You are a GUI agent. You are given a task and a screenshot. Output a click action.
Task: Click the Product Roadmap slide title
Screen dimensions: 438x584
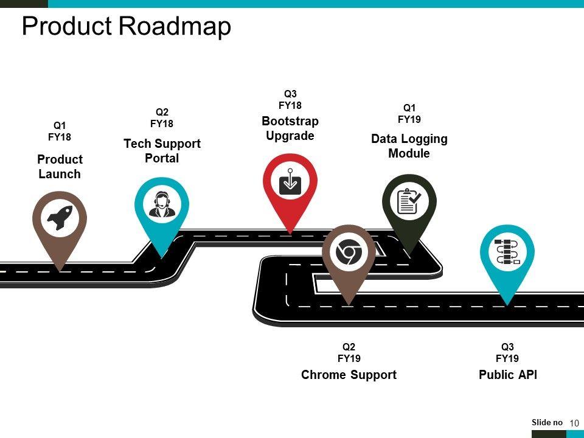(x=127, y=26)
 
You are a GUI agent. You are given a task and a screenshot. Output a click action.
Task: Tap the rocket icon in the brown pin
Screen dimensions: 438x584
(x=60, y=217)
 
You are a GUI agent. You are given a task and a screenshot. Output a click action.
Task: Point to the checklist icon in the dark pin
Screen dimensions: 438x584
(x=409, y=201)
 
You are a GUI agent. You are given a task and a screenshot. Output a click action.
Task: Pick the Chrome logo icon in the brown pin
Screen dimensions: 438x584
(x=349, y=252)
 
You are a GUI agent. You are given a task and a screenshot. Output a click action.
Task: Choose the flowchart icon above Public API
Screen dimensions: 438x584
(x=507, y=252)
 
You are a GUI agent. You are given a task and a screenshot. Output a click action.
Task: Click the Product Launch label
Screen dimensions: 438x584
(x=60, y=167)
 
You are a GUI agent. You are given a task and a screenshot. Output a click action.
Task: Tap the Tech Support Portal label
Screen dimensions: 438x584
(x=162, y=151)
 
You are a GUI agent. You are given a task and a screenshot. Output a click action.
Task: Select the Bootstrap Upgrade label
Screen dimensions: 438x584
(x=290, y=128)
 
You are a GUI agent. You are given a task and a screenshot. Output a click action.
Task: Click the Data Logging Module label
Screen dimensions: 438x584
(x=409, y=146)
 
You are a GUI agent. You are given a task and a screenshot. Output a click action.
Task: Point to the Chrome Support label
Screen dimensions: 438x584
(x=349, y=375)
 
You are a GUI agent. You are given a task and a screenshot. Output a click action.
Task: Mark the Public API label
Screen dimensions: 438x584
(x=508, y=375)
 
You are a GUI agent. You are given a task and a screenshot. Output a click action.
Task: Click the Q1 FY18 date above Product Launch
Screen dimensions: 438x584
(x=60, y=131)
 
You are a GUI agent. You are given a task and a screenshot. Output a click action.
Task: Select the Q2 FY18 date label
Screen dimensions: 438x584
(x=162, y=117)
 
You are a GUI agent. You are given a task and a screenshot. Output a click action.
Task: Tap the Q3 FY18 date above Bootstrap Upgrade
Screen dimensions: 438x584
(x=290, y=99)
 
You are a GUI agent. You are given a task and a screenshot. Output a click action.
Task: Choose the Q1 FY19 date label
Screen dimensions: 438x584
(x=409, y=114)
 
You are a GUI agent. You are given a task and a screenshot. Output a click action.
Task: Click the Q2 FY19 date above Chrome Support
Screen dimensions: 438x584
(x=349, y=352)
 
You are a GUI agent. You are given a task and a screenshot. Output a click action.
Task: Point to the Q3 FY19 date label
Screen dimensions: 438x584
(x=507, y=352)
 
